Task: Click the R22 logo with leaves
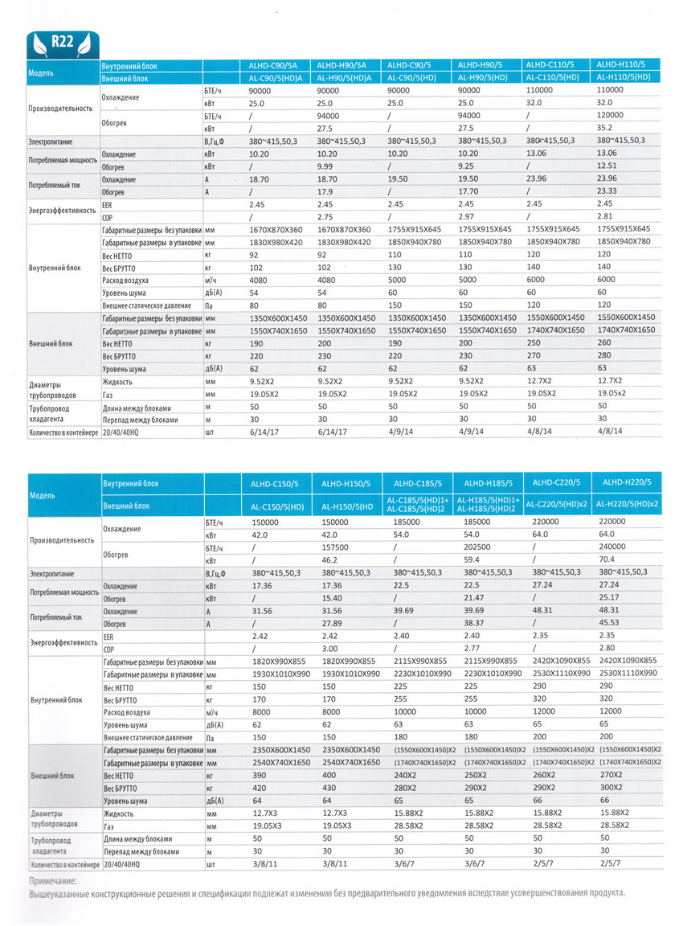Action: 63,43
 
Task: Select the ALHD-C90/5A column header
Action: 273,66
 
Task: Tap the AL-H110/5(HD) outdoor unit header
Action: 623,77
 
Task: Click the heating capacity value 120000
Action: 610,115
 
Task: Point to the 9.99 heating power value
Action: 325,166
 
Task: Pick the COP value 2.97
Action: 466,217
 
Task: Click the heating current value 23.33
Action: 607,191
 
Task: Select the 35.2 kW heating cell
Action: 604,128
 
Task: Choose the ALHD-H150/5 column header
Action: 346,484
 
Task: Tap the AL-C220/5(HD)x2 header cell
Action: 557,505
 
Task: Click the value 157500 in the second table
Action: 335,547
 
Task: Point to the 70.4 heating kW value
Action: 607,559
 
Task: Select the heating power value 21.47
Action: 473,598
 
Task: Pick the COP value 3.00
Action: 330,649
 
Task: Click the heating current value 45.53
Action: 609,622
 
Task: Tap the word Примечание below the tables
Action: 53,881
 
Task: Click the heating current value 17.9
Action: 325,192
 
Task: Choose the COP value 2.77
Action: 472,649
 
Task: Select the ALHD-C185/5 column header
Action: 418,484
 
